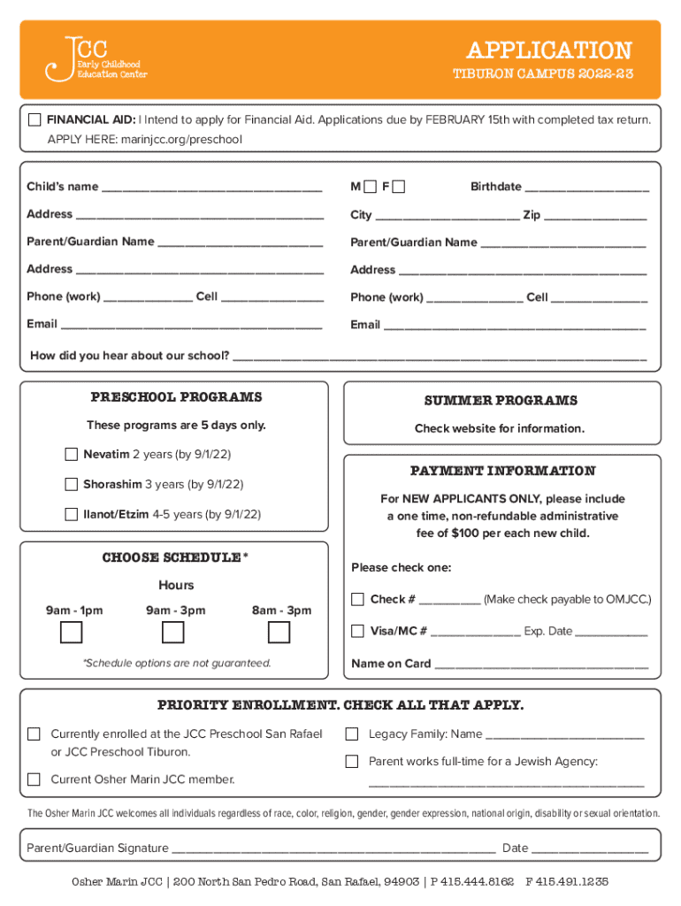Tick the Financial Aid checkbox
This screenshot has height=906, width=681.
click(x=34, y=119)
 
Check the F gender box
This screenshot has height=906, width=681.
click(x=399, y=187)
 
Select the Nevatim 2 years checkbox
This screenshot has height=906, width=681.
click(x=72, y=455)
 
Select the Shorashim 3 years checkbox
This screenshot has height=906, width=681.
click(x=72, y=484)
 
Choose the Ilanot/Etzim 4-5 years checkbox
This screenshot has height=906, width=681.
click(x=72, y=514)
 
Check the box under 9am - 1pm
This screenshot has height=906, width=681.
click(x=72, y=633)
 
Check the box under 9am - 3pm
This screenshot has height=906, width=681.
click(x=173, y=633)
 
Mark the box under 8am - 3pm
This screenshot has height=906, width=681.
click(x=279, y=633)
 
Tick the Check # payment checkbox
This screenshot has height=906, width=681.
click(x=357, y=600)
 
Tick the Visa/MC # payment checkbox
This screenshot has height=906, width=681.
click(x=357, y=631)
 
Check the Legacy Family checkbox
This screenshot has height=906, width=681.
click(x=352, y=733)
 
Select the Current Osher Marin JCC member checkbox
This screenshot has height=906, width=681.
click(x=34, y=779)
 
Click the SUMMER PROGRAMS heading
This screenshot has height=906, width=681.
click(x=501, y=401)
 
